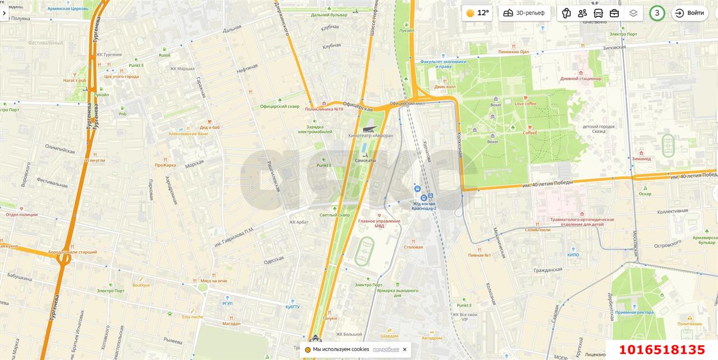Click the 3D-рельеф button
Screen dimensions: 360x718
tap(524, 13)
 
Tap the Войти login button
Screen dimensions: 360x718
tap(689, 13)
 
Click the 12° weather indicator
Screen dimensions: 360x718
tap(477, 13)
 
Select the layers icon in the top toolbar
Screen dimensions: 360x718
tap(633, 13)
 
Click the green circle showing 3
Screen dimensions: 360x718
tap(657, 13)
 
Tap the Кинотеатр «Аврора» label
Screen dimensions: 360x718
tap(370, 136)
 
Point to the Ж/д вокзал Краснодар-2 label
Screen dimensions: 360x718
tap(424, 206)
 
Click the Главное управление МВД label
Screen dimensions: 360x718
tap(379, 223)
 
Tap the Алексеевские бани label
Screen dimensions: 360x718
tap(188, 133)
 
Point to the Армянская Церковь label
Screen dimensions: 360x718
tap(68, 9)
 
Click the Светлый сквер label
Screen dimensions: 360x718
tap(334, 215)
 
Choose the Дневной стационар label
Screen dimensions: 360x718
tap(581, 79)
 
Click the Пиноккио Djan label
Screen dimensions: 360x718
tap(513, 52)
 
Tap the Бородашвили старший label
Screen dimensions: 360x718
tap(72, 252)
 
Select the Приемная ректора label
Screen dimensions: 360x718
tap(634, 312)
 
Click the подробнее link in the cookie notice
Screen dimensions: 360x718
tap(386, 349)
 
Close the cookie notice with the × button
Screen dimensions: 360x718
tap(404, 349)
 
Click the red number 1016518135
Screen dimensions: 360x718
tap(661, 350)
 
